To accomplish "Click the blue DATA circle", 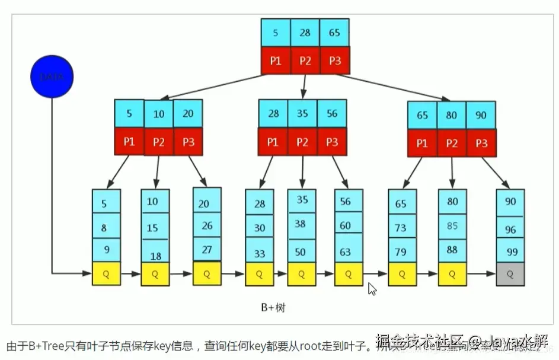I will (x=52, y=77).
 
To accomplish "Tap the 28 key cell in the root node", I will (x=305, y=33).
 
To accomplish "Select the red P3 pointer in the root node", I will (x=334, y=60).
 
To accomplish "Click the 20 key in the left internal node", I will (x=188, y=113).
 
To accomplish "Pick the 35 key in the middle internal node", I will (x=302, y=113).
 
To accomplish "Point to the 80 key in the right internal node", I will (x=452, y=115).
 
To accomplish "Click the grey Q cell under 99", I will (x=510, y=275).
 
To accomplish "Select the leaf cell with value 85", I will (x=452, y=226).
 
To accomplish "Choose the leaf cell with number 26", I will (x=207, y=225).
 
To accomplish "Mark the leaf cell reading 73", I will (x=402, y=227).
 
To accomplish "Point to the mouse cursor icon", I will (x=372, y=289).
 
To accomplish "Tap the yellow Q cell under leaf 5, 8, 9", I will (x=106, y=274).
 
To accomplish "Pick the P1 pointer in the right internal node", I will (x=422, y=144).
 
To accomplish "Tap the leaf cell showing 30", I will (x=260, y=228).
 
